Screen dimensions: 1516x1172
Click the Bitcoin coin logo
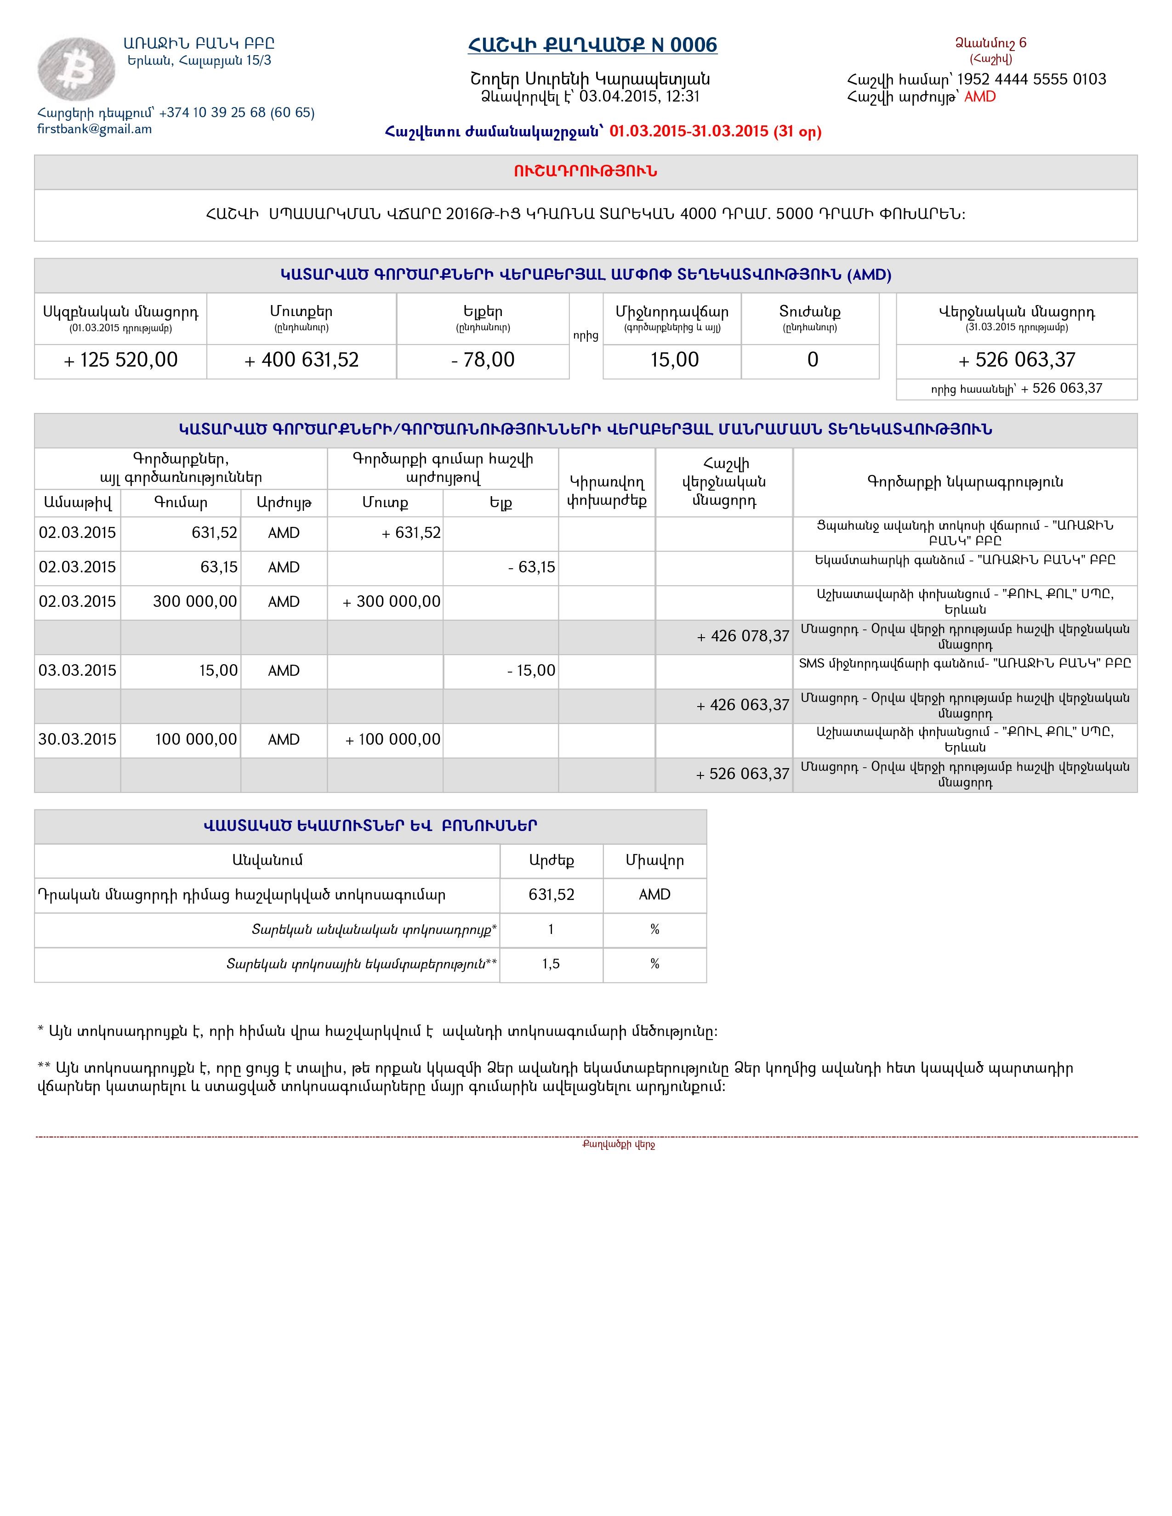(x=76, y=69)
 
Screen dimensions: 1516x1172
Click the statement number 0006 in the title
(x=694, y=45)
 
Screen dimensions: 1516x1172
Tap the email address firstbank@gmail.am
(x=94, y=129)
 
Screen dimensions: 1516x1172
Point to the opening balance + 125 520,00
(x=121, y=360)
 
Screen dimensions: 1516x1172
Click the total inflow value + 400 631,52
(x=302, y=360)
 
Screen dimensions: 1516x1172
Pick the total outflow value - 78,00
(x=483, y=360)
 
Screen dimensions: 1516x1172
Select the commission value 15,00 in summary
(x=674, y=360)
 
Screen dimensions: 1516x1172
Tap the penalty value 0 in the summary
(x=812, y=360)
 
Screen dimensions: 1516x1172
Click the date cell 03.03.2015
(x=77, y=671)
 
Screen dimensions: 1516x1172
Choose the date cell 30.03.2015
(x=77, y=739)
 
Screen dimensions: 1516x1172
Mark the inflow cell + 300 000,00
(x=392, y=602)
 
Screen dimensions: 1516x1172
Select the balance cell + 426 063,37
(x=743, y=705)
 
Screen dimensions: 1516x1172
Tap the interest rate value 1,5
(x=551, y=964)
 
